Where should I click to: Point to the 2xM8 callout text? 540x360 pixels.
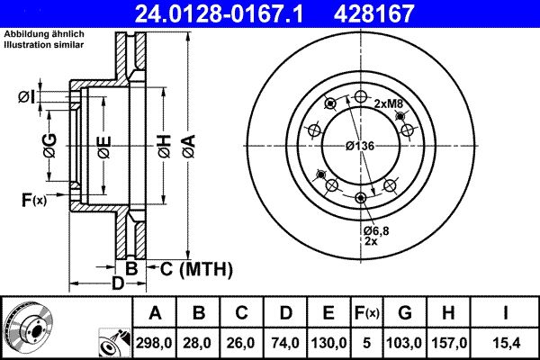[x=389, y=103]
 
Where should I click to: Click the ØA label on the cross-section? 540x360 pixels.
[x=186, y=144]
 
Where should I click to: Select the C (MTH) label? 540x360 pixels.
[x=197, y=267]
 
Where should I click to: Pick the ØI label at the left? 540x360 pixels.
[x=26, y=97]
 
